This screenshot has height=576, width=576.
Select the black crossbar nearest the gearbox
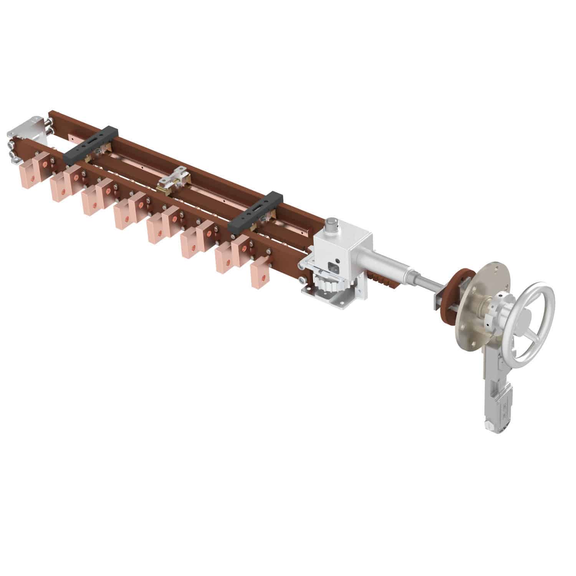pyautogui.click(x=255, y=212)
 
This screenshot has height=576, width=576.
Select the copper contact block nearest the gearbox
pyautogui.click(x=259, y=271)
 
